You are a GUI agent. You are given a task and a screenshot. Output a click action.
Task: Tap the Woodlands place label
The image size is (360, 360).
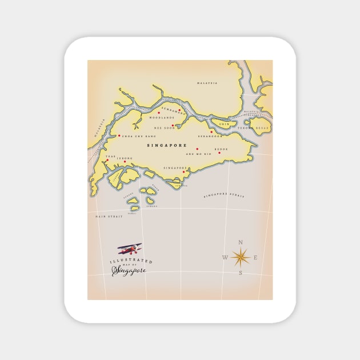pyautogui.click(x=161, y=118)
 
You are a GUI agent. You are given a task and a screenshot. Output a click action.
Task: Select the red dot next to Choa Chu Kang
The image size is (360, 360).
pyautogui.click(x=119, y=135)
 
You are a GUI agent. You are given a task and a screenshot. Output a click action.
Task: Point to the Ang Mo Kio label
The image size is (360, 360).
pyautogui.click(x=198, y=154)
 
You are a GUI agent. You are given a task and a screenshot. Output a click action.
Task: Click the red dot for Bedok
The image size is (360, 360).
pyautogui.click(x=219, y=153)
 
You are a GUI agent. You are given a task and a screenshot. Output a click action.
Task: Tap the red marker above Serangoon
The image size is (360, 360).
pyautogui.click(x=211, y=132)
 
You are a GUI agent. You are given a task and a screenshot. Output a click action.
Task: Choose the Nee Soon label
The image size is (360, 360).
pyautogui.click(x=165, y=128)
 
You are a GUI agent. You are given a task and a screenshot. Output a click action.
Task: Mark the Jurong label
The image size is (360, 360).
pyautogui.click(x=125, y=158)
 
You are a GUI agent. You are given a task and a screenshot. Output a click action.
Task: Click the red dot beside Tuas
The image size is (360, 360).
pyautogui.click(x=107, y=161)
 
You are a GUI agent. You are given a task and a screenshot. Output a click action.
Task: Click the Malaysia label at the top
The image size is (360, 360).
pyautogui.click(x=207, y=83)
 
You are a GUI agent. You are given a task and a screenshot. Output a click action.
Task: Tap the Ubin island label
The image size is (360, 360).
pyautogui.click(x=224, y=124)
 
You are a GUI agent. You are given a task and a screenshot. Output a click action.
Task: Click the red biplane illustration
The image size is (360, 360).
pyautogui.click(x=130, y=249)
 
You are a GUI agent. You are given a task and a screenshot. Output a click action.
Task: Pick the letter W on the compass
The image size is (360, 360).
pyautogui.click(x=225, y=258)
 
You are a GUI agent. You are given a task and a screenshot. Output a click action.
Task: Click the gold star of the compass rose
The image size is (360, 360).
pyautogui.click(x=240, y=258)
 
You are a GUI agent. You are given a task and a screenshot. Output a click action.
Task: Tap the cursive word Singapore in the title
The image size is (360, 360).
pyautogui.click(x=129, y=270)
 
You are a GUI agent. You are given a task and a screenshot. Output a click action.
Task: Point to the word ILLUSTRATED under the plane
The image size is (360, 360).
pyautogui.click(x=123, y=261)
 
